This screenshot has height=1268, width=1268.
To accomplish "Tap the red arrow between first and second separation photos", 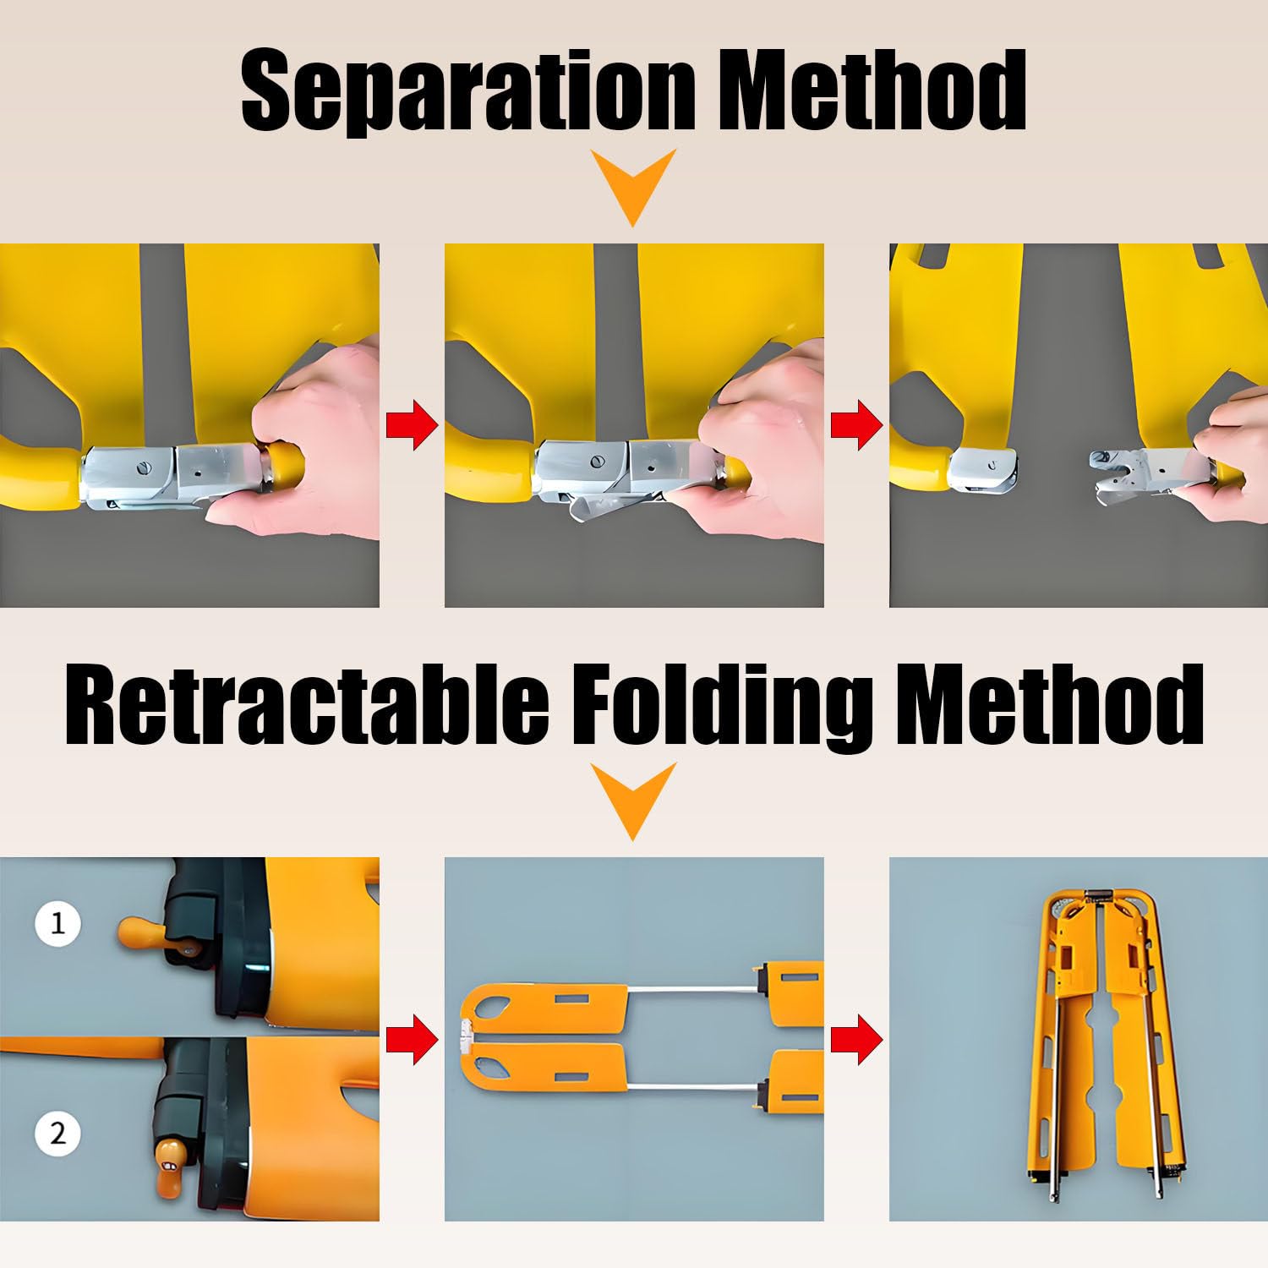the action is [413, 425].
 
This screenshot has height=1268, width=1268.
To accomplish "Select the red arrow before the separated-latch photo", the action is [857, 425].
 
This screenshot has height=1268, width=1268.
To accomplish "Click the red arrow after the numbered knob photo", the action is [413, 1039].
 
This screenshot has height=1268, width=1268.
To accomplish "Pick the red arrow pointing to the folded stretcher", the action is [857, 1039].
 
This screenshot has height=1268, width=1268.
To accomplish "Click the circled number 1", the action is [57, 922].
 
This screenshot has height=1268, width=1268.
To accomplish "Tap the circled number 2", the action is [57, 1133].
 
